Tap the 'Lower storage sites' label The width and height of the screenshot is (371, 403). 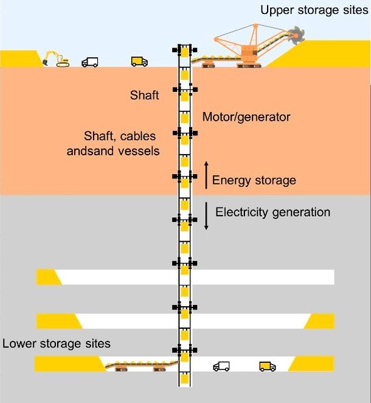[x=57, y=343]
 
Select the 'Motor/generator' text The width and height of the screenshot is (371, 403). [x=238, y=116]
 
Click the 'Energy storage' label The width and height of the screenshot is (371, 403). [x=254, y=180]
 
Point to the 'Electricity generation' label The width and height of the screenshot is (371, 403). [x=273, y=212]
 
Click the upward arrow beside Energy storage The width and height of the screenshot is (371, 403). [x=206, y=175]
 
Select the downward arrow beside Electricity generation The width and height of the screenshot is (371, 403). [x=206, y=217]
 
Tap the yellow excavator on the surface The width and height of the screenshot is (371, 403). [x=56, y=58]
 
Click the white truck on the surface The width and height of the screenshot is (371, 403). [x=90, y=61]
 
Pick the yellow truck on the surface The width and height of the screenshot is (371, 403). [x=139, y=61]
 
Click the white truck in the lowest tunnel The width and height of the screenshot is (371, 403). [x=221, y=366]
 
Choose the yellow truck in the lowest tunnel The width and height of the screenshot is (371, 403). [x=267, y=366]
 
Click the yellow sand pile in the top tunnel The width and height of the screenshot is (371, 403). [x=48, y=277]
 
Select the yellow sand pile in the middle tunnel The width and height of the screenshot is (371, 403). [x=321, y=321]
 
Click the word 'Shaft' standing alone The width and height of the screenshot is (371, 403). [x=144, y=96]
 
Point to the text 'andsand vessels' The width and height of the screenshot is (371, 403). [x=113, y=150]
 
